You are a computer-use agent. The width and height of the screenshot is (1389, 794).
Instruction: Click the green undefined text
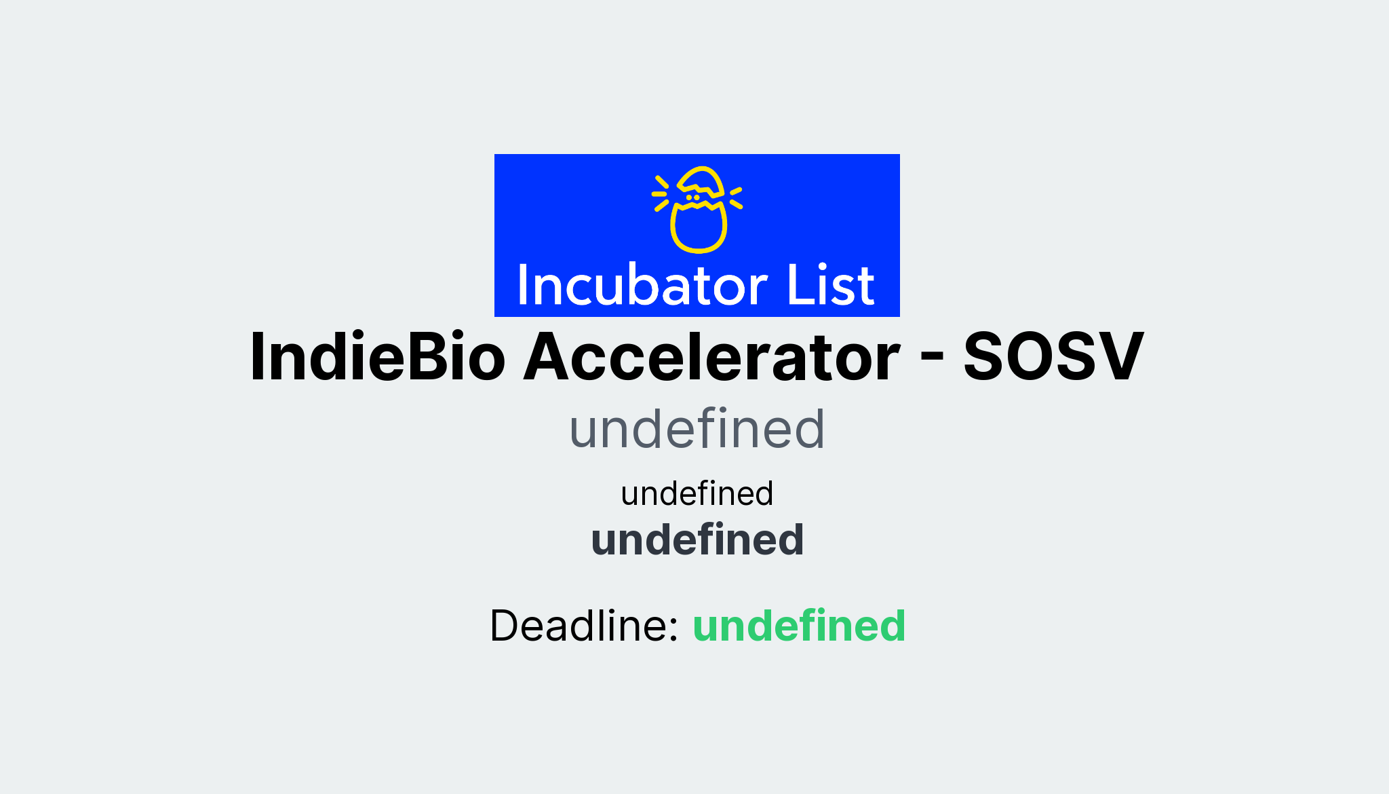(x=799, y=626)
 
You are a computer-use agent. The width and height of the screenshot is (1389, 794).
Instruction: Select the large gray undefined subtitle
(x=697, y=430)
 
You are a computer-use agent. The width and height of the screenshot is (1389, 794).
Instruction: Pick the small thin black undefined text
(x=697, y=493)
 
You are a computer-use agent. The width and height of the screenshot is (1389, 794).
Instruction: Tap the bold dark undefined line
(x=697, y=540)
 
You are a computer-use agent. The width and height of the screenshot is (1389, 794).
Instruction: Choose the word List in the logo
(x=830, y=285)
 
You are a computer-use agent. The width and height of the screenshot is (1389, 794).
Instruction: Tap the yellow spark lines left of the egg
(x=661, y=194)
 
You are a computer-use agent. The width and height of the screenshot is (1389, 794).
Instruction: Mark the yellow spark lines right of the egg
(x=736, y=197)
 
